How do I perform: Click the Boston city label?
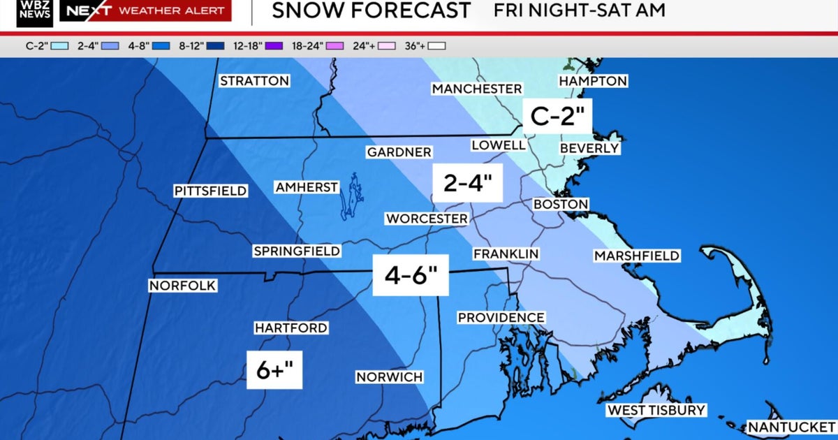click(560, 204)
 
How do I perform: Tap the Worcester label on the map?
click(427, 219)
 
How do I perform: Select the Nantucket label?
click(791, 426)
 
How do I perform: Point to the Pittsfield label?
click(210, 191)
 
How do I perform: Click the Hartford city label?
click(291, 328)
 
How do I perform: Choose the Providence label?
click(501, 318)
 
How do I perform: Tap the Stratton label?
click(254, 81)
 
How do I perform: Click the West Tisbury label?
click(656, 410)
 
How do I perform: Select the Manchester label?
click(476, 89)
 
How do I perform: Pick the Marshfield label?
click(636, 256)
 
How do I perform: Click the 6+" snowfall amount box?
click(274, 370)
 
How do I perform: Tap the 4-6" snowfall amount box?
click(410, 274)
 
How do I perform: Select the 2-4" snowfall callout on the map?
click(468, 183)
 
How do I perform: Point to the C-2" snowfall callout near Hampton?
click(558, 115)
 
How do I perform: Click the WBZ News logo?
click(35, 11)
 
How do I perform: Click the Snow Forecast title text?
click(371, 10)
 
